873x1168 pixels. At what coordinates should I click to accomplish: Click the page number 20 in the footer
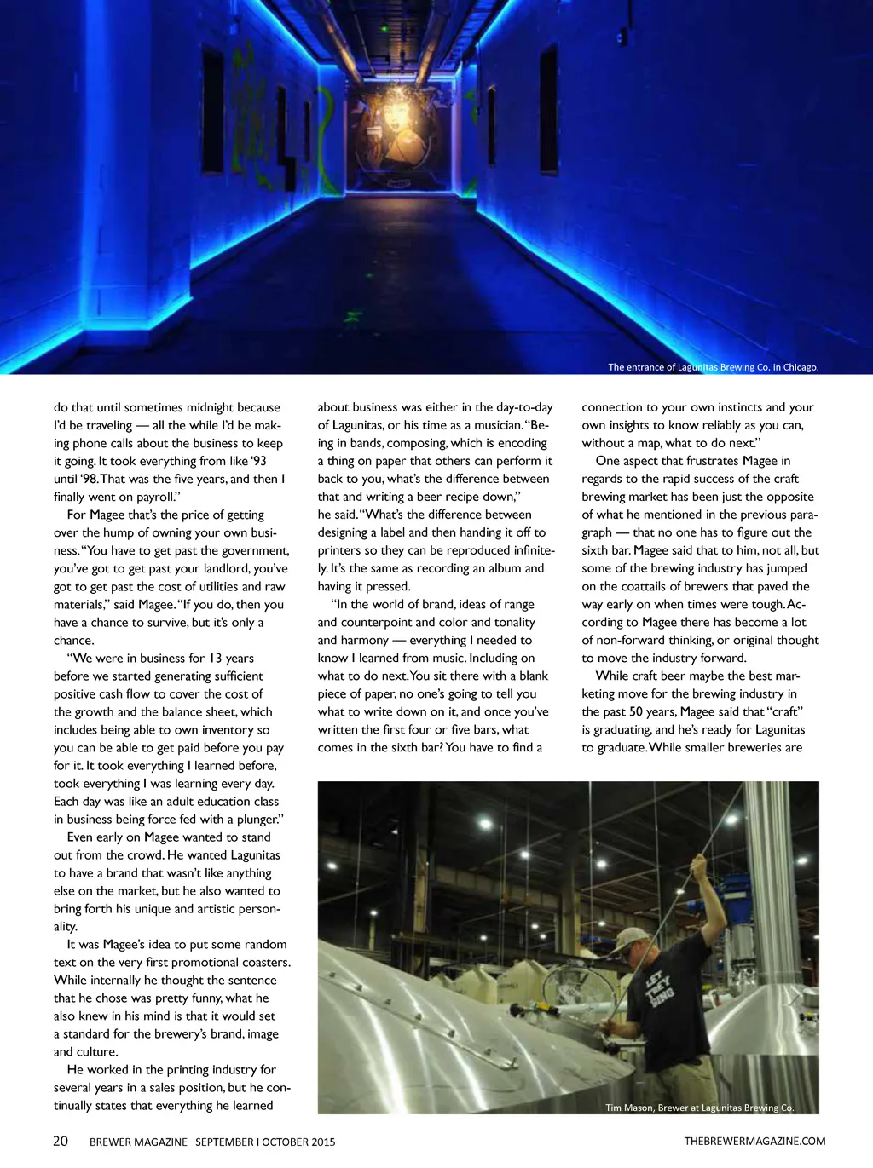pos(61,1141)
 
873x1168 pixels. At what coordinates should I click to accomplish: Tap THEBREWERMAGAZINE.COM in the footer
pos(754,1141)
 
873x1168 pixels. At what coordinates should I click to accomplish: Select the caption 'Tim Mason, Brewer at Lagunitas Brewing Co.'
pos(699,1108)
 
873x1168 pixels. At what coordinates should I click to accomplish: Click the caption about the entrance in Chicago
pos(713,367)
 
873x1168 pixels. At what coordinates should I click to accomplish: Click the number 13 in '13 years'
pos(215,658)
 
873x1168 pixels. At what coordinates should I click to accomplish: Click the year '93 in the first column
pos(258,461)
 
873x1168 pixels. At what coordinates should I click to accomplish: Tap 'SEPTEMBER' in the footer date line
pos(224,1142)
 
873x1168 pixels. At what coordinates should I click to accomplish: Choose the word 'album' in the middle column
pos(503,568)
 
